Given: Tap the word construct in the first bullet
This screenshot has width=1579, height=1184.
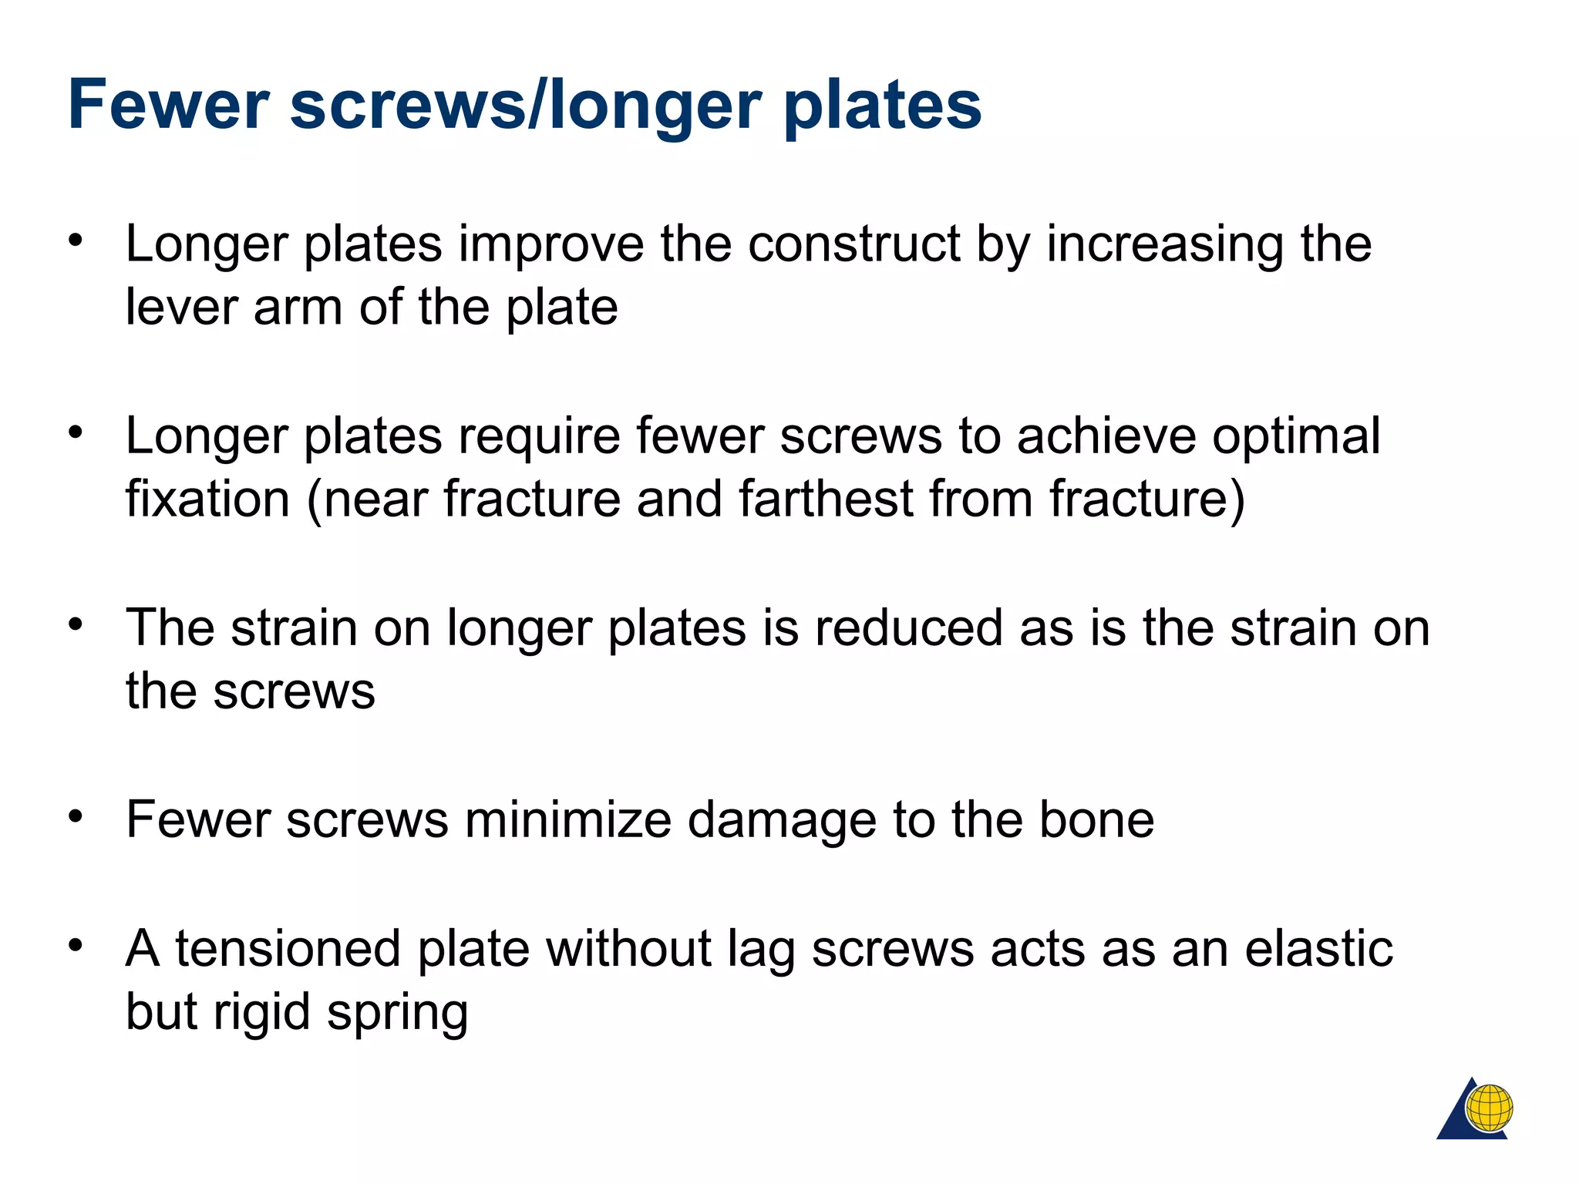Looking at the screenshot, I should (x=853, y=244).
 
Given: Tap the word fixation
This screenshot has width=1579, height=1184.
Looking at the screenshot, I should (x=207, y=499).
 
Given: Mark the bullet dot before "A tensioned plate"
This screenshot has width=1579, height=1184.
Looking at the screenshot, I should (x=75, y=945).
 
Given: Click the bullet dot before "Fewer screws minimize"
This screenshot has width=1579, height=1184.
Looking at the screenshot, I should (x=75, y=816).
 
